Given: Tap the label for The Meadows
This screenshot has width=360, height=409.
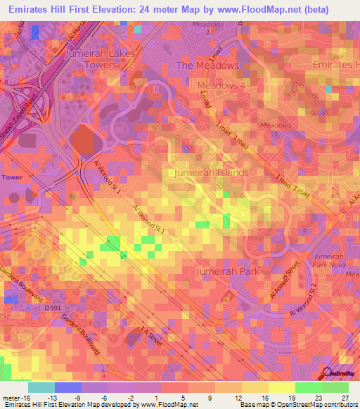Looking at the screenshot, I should [x=207, y=65].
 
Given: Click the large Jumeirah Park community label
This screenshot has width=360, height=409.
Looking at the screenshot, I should [x=229, y=271].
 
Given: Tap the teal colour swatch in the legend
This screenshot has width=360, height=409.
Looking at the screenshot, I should [x=41, y=387].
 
